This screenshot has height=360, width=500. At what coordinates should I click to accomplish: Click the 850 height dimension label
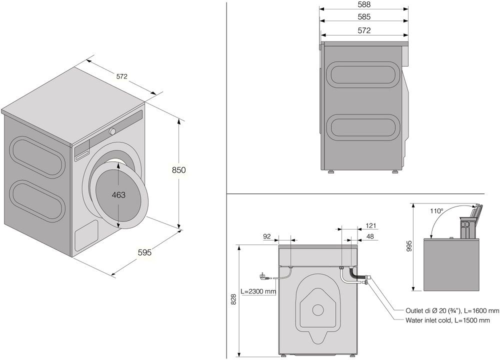click(178, 170)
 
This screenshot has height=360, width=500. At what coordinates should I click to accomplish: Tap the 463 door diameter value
click(118, 195)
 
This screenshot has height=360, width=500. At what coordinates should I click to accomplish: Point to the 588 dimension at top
click(364, 4)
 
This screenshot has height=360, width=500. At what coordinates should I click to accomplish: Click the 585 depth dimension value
click(364, 17)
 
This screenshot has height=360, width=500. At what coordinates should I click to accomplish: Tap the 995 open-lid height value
click(408, 246)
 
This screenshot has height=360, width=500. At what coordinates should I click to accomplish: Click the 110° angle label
click(436, 211)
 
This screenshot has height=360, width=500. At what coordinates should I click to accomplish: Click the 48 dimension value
click(371, 236)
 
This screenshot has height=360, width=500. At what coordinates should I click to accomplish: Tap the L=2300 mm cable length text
click(258, 291)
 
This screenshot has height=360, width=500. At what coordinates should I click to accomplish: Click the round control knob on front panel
click(112, 131)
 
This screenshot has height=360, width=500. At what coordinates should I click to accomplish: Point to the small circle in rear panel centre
click(317, 309)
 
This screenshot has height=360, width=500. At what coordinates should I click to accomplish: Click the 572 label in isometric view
click(122, 76)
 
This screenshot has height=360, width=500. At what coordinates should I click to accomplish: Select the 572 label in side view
click(364, 30)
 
